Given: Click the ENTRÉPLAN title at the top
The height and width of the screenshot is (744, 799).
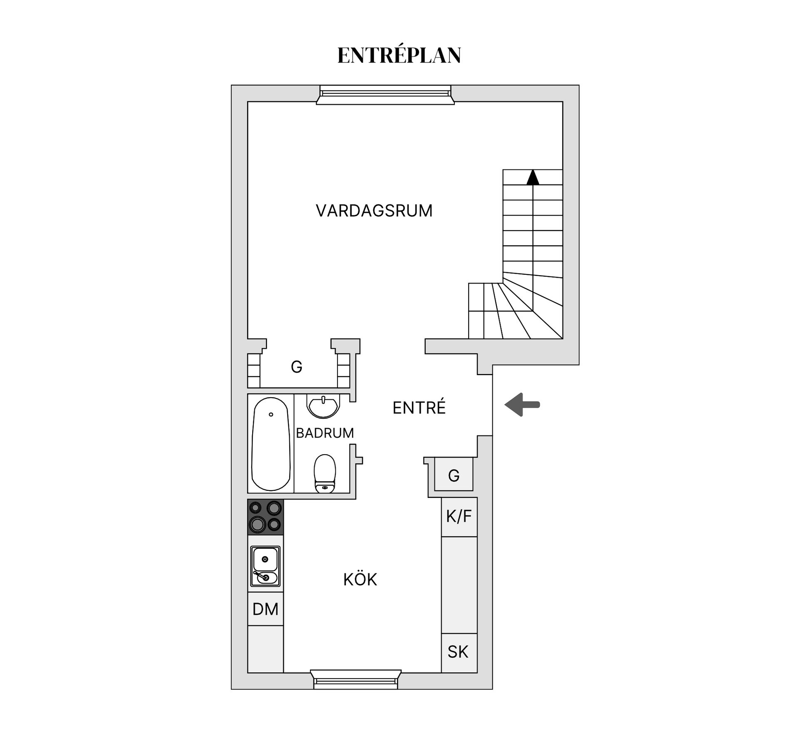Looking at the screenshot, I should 399,55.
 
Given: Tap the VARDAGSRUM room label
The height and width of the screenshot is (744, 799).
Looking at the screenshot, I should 374,211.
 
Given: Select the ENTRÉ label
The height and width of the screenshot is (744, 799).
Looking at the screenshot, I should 419,408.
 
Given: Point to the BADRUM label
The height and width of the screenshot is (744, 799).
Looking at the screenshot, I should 325,433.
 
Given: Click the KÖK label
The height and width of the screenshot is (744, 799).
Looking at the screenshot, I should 360,580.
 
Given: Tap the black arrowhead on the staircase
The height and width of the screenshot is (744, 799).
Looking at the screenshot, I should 533,177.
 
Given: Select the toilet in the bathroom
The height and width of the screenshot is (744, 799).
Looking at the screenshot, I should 325,473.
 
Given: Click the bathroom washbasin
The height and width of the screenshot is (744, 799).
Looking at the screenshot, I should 323,406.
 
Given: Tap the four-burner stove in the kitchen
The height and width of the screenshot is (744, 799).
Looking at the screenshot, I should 266,517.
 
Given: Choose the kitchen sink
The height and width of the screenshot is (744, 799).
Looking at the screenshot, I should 266,566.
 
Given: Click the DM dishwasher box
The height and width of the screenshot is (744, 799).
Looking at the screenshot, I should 266,609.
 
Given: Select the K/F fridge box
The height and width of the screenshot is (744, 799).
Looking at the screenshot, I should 459,517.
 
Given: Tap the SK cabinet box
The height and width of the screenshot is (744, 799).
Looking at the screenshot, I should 458,652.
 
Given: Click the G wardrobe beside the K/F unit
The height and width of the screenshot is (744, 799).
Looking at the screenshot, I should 454,475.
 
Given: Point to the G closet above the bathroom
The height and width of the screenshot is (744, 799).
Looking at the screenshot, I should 296,367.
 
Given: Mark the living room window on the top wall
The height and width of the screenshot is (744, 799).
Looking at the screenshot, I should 385,95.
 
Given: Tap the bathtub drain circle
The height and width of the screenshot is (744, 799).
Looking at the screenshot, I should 271,414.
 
